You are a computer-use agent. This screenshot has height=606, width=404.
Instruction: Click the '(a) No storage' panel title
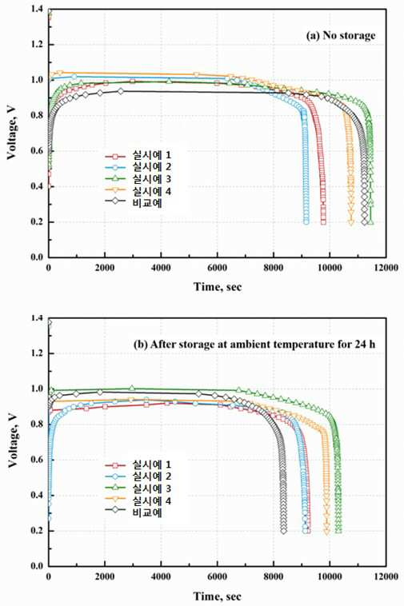pos(340,35)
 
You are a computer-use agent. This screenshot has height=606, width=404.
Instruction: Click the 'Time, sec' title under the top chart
pos(218,287)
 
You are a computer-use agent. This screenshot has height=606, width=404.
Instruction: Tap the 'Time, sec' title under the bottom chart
pos(218,596)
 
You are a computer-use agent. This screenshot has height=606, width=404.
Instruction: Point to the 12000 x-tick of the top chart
pos(386,268)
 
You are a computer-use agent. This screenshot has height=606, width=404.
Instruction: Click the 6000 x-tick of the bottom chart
pos(218,576)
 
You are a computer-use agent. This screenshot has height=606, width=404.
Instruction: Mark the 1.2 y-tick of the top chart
pos(38,45)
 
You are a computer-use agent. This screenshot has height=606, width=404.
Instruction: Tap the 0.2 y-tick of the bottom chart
pos(38,531)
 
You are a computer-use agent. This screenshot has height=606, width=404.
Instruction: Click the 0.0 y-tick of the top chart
pos(38,257)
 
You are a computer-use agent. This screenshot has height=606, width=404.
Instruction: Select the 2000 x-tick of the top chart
pos(105,268)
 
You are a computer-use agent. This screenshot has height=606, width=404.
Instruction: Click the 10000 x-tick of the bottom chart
pos(330,576)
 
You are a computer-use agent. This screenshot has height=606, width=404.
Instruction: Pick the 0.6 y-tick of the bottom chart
pos(38,460)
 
